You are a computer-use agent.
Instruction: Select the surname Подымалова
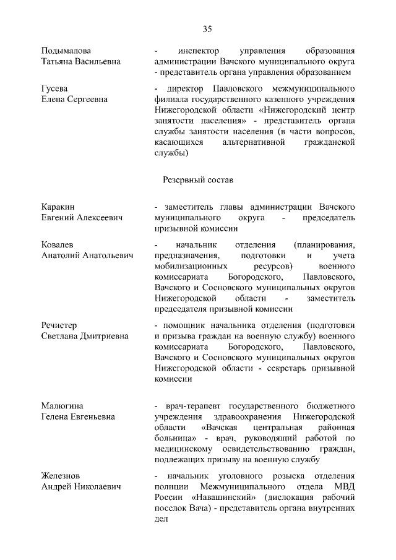[x=66, y=50]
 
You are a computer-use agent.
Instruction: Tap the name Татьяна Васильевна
[x=81, y=61]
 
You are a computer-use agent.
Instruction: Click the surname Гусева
[x=54, y=88]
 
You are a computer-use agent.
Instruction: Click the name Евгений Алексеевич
[x=82, y=218]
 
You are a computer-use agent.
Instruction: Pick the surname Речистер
[x=59, y=324]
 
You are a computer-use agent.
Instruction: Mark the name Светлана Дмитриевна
[x=85, y=336]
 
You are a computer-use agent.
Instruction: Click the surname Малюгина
[x=62, y=405]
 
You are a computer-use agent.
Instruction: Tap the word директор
[x=182, y=88]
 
